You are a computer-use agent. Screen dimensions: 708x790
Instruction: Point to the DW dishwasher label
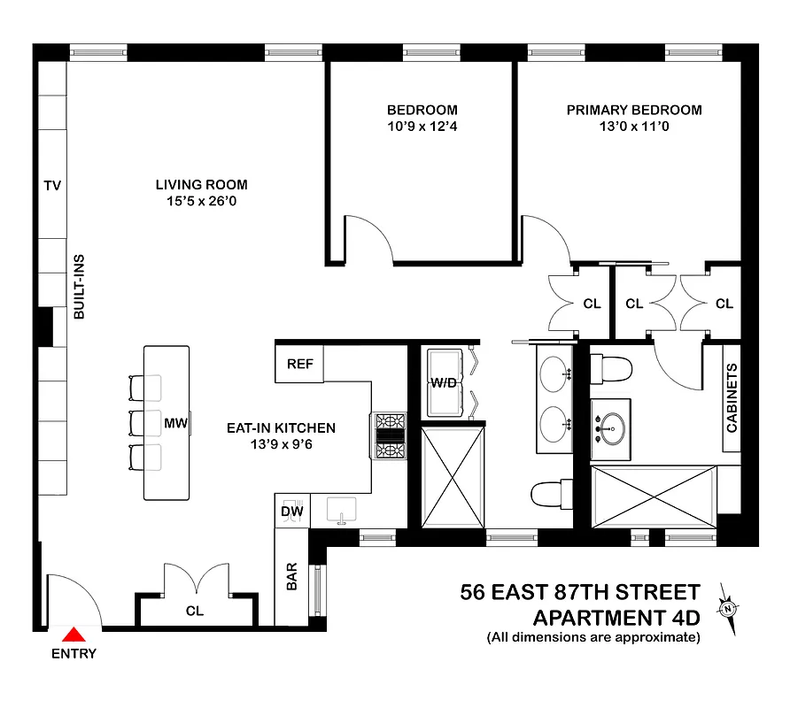[291, 511]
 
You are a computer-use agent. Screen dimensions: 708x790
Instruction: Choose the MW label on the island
[175, 423]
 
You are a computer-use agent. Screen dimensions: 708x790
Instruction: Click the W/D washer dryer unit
[445, 383]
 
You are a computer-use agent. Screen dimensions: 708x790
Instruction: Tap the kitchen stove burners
[391, 435]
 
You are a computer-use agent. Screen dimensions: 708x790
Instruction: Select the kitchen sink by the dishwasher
[341, 509]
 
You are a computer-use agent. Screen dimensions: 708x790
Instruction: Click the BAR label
[291, 578]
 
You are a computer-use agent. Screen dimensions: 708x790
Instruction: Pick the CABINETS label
[732, 398]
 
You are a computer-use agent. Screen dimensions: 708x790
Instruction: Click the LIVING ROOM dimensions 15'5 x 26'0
[202, 203]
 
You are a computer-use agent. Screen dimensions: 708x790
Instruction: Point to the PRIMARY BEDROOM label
[634, 111]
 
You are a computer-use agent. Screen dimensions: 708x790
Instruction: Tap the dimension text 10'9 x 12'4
[422, 127]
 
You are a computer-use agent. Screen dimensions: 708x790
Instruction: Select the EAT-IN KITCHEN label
[279, 428]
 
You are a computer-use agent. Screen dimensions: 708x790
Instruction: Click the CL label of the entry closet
[195, 611]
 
